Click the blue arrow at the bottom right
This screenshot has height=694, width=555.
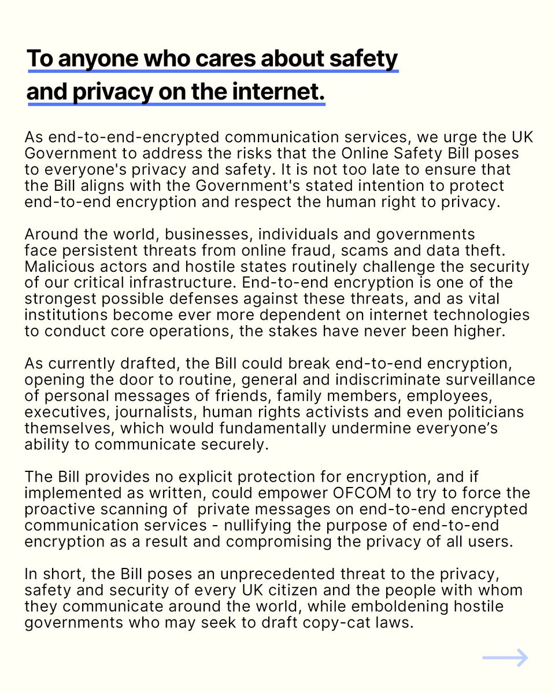click(x=505, y=658)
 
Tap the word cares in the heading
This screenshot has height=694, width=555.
click(x=200, y=58)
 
